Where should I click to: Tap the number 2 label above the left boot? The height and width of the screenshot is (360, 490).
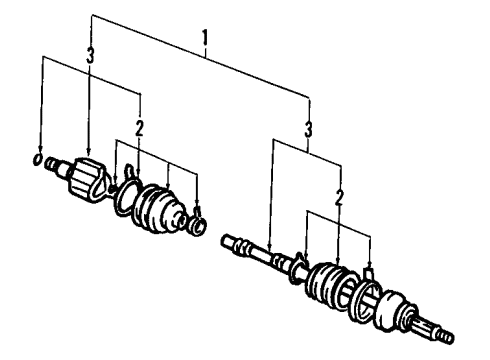[141, 127]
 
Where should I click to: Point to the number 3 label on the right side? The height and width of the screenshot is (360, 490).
[309, 129]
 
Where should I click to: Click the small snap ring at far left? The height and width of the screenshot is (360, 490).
[38, 159]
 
